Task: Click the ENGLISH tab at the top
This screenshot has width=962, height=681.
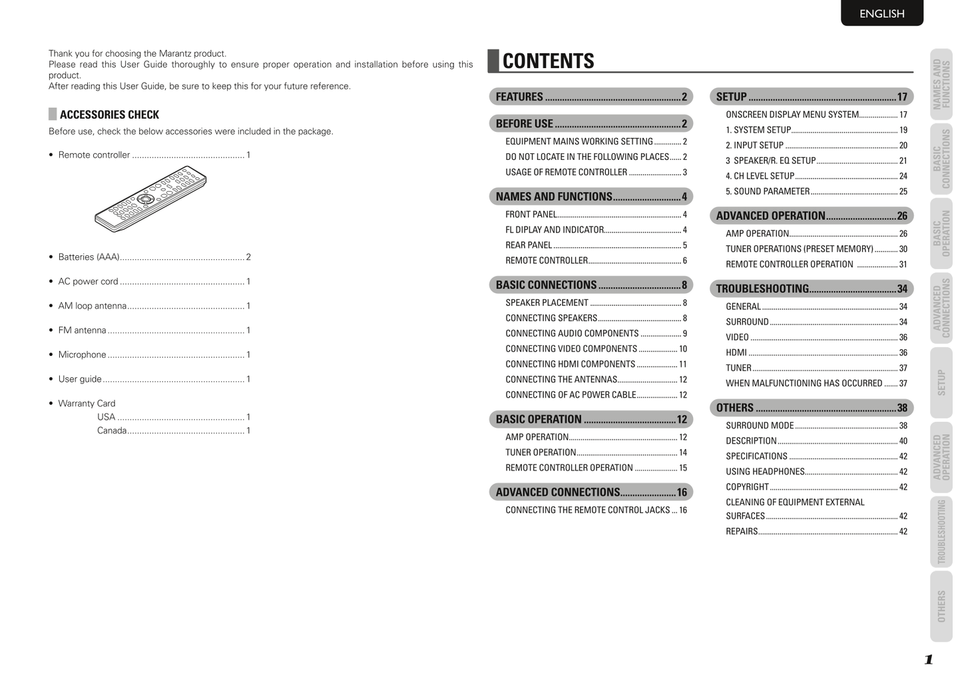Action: [881, 13]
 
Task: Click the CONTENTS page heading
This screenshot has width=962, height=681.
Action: [548, 61]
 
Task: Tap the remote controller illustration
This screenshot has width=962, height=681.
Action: [150, 198]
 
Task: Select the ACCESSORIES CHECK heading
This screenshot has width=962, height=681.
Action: [109, 115]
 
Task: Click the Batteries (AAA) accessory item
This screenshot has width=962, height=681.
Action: [89, 257]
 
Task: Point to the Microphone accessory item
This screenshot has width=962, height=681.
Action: [82, 354]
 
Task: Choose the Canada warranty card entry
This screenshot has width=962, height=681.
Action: [112, 430]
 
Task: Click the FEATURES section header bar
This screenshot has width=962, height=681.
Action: [591, 97]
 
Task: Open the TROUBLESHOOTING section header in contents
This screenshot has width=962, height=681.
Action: [811, 289]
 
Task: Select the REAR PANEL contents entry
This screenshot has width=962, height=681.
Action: [529, 245]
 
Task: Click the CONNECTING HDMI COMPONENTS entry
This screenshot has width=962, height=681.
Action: [570, 364]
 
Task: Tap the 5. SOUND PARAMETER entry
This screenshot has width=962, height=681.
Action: [768, 191]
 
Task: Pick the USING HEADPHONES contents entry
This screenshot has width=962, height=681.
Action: [765, 472]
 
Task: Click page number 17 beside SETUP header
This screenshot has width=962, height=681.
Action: [902, 97]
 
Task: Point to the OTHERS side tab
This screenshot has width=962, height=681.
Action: [941, 606]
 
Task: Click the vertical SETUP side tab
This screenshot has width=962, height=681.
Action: [941, 382]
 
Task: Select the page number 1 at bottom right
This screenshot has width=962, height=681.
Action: [928, 660]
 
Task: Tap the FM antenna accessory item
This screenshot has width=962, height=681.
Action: [82, 331]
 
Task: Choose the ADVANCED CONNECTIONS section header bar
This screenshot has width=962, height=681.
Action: [591, 492]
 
